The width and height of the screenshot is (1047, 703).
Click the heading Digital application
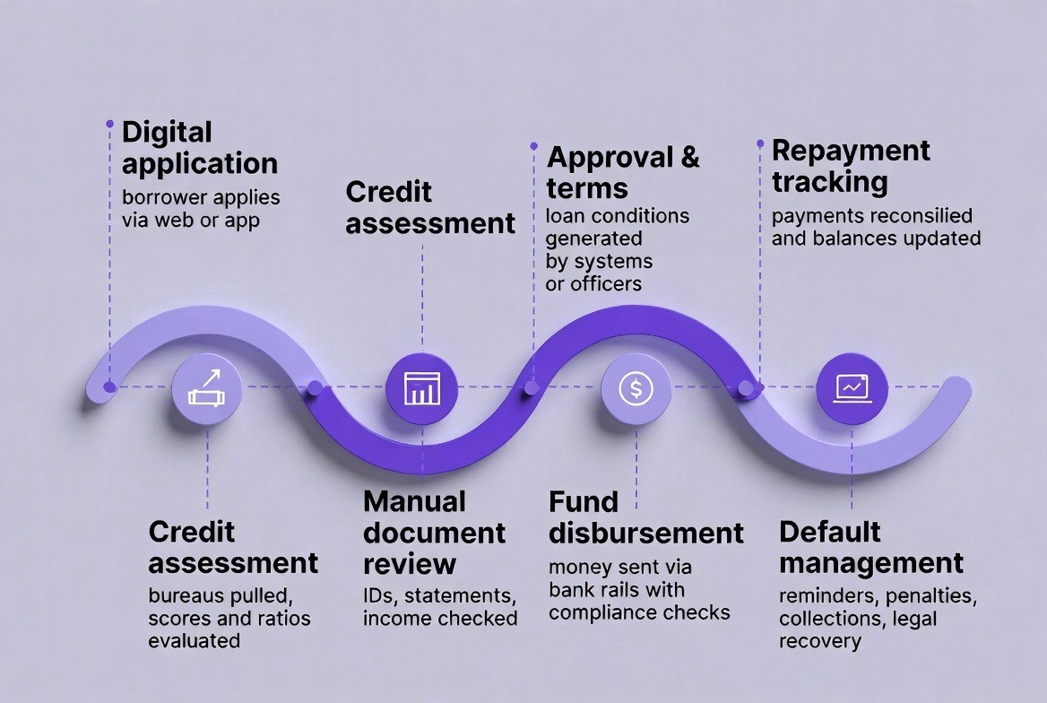(199, 148)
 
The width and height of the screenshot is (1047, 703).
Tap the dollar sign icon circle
(636, 388)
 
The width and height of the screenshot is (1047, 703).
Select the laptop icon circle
(852, 388)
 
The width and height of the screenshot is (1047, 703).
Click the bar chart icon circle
(421, 388)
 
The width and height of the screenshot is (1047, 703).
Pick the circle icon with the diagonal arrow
(207, 388)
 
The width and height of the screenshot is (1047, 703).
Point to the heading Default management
(870, 547)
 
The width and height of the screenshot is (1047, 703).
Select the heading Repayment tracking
(851, 166)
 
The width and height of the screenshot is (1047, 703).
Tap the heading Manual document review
(434, 532)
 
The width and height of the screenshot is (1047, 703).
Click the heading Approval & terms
(623, 172)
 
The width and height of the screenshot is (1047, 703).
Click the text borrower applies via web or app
(201, 208)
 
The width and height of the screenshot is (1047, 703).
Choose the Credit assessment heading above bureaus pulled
(233, 547)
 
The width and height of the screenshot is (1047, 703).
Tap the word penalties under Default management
(930, 596)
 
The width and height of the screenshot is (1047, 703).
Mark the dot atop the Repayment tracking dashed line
(760, 143)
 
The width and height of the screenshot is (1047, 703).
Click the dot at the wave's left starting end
(109, 387)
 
